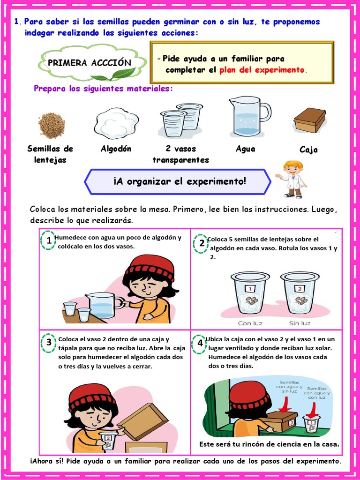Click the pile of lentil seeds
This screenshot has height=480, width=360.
(x=52, y=125)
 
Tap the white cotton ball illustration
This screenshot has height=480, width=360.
(x=116, y=123)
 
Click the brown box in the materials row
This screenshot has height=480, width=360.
(x=309, y=120)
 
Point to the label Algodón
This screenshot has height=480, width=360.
(x=116, y=149)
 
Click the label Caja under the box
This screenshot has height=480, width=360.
(x=308, y=150)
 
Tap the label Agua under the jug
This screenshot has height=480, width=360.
(x=246, y=149)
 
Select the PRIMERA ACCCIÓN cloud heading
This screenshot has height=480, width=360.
(x=89, y=63)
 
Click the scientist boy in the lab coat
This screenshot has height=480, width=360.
(x=292, y=179)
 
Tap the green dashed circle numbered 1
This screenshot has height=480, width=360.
(x=49, y=241)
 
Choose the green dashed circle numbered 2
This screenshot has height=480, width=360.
(x=202, y=243)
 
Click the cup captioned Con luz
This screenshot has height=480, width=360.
(x=250, y=293)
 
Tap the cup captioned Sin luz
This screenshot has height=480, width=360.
(x=300, y=293)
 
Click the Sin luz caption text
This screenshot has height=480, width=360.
(x=300, y=323)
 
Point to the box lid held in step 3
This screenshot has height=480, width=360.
(x=143, y=420)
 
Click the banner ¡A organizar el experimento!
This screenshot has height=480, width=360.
(x=180, y=181)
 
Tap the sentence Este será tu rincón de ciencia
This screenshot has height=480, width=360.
(x=269, y=444)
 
